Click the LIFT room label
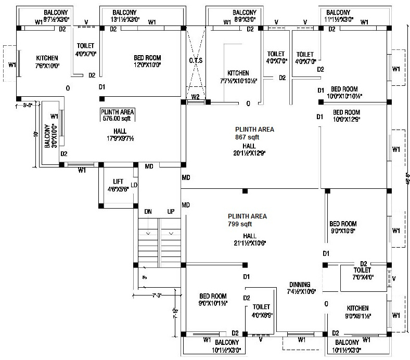coord(118,182)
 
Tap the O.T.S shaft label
coord(196,61)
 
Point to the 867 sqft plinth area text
coord(247,137)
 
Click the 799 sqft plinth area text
coord(239,224)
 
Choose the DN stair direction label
coord(148,212)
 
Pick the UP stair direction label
coord(170,212)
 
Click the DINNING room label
coord(300,285)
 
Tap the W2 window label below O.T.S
coord(196,97)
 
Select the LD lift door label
coord(134,185)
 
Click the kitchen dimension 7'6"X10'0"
coord(47,66)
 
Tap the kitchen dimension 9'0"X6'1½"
coord(357,316)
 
